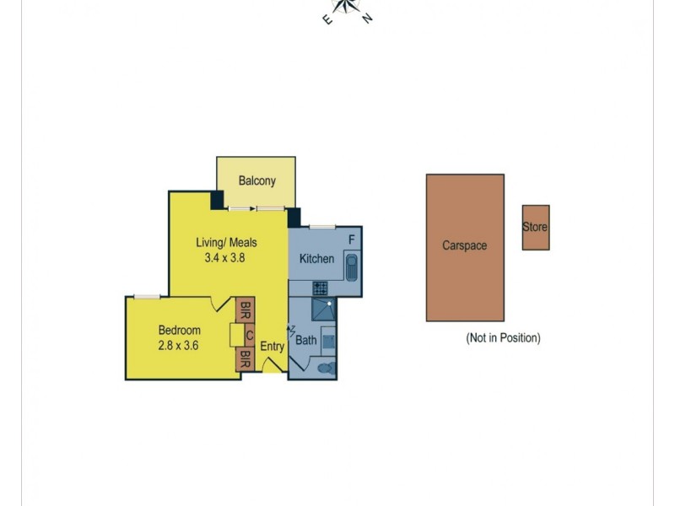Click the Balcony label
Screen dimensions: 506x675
click(256, 180)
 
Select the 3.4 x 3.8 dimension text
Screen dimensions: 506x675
click(224, 259)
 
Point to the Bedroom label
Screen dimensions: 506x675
click(179, 330)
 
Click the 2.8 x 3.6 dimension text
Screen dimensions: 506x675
click(178, 345)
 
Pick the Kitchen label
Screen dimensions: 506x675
click(317, 259)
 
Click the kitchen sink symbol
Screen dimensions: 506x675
click(352, 267)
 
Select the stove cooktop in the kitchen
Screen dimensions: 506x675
click(321, 288)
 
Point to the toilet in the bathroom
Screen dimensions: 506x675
click(325, 368)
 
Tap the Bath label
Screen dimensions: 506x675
click(305, 341)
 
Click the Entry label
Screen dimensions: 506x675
click(272, 346)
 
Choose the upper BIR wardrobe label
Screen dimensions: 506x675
click(245, 310)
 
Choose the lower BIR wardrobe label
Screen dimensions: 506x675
click(245, 360)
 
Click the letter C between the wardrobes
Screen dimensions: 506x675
click(250, 336)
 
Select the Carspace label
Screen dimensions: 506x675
click(465, 246)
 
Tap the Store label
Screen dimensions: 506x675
click(535, 228)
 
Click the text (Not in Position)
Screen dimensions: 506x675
click(503, 338)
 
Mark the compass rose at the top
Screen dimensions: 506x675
click(347, 8)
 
